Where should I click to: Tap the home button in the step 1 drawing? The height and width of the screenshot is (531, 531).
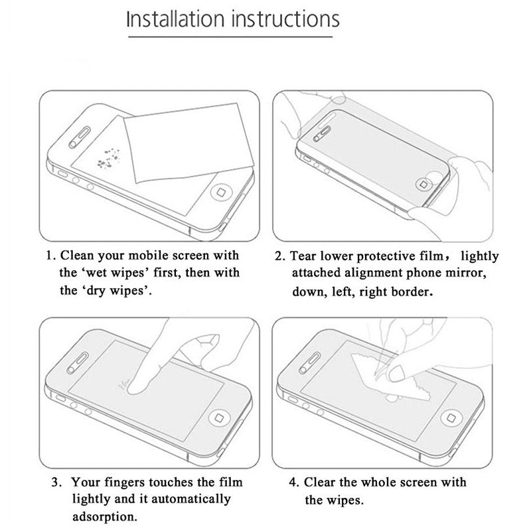(x=217, y=192)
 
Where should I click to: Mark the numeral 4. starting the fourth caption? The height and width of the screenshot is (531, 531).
(x=291, y=483)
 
